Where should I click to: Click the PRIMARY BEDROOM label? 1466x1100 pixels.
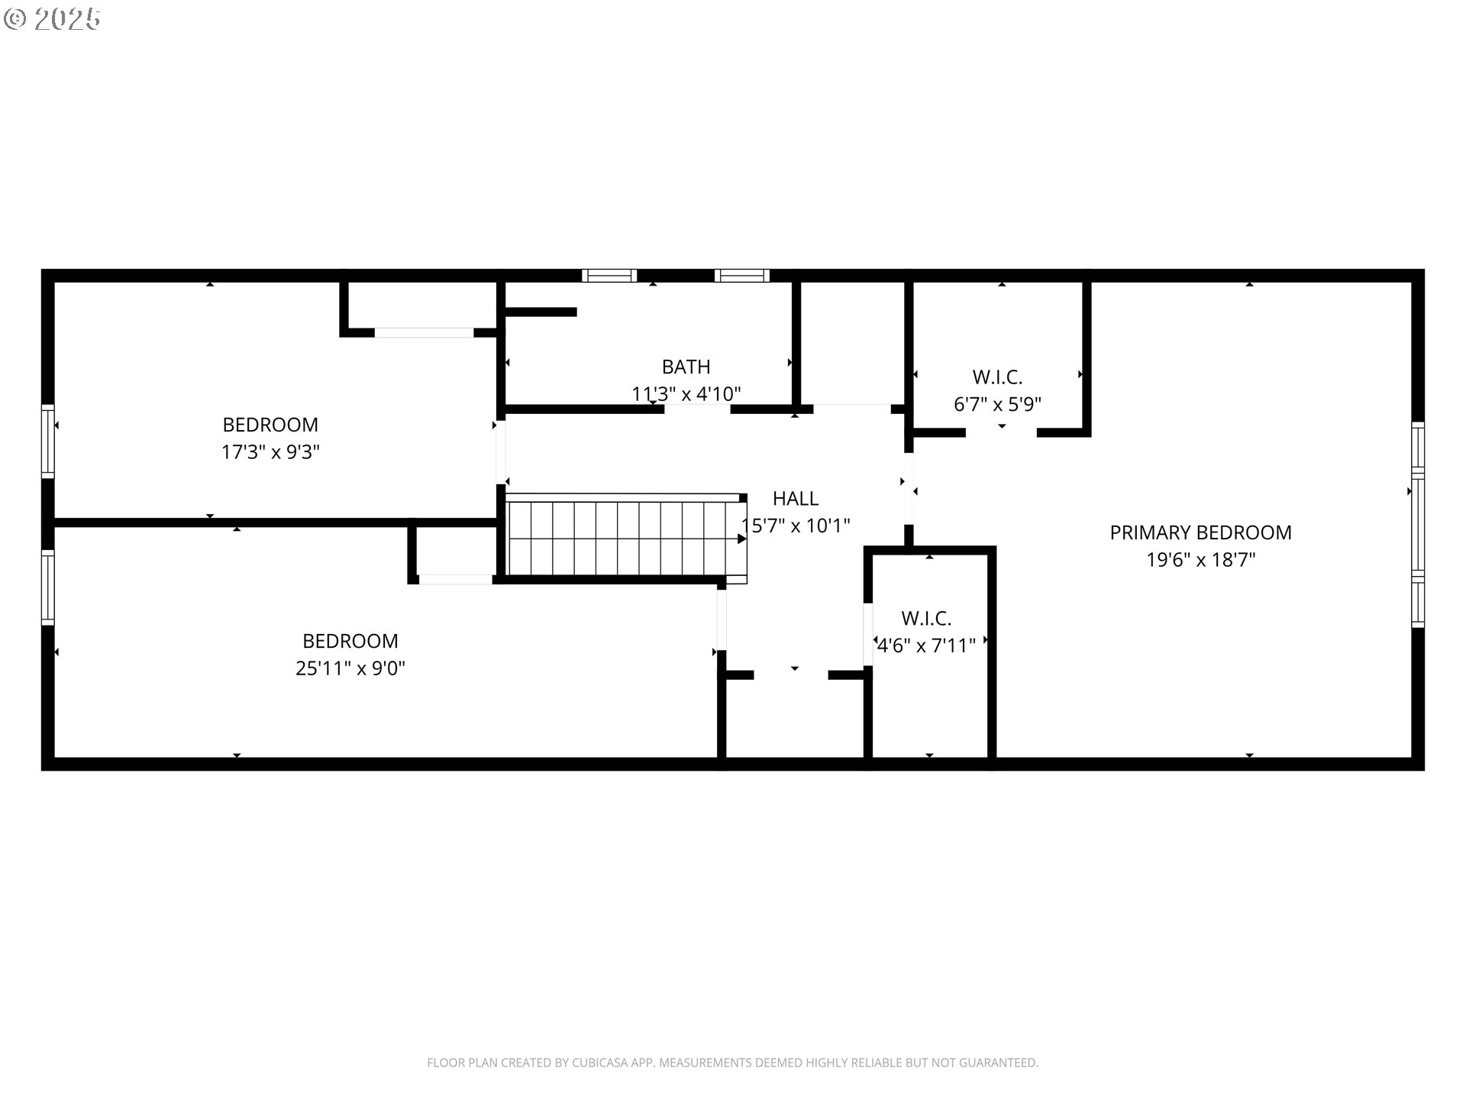coord(1200,532)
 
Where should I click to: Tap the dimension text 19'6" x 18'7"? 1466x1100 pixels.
coord(1200,560)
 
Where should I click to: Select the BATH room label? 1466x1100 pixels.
coord(686,367)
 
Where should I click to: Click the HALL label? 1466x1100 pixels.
coord(795,499)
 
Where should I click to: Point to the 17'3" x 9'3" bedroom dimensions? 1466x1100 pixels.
coord(270,452)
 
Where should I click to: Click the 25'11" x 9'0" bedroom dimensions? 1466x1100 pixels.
coord(350,668)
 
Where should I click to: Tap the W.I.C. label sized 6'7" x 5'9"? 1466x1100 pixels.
coord(997,377)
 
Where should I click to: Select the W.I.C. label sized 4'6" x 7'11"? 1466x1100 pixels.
coord(925,618)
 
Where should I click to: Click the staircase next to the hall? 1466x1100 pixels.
coord(622,538)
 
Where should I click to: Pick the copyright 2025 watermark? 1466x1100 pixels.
coord(52,19)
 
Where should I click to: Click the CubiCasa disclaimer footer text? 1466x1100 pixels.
coord(732,1063)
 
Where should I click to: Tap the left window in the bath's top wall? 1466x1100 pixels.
coord(609,276)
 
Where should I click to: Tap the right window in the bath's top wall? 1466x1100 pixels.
coord(741,276)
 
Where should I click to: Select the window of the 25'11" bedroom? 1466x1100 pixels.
coord(47,588)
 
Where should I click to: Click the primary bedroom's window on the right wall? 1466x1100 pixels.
coord(1417,525)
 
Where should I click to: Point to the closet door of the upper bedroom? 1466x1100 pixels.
coord(424,332)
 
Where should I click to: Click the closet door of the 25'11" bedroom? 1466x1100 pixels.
coord(456,579)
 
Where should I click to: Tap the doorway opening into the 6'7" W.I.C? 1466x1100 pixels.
coord(1001,432)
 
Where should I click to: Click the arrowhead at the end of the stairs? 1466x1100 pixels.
coord(741,539)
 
